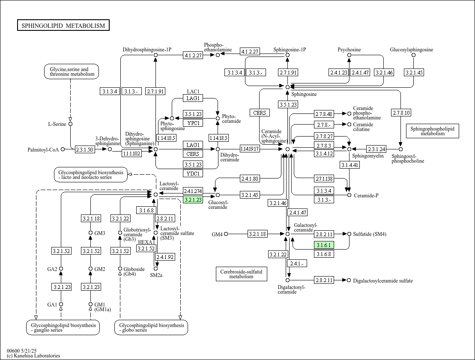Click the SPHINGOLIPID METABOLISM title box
(x=63, y=25)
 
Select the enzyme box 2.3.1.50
(x=84, y=149)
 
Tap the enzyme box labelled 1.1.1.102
(x=132, y=153)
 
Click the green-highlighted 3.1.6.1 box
(x=324, y=245)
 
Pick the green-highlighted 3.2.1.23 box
(x=193, y=199)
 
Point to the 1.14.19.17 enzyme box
(x=250, y=149)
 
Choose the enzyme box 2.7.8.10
(x=401, y=113)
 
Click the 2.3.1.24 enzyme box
(x=376, y=149)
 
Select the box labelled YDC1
(x=193, y=173)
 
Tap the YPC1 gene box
(x=193, y=123)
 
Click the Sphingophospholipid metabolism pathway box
(x=432, y=131)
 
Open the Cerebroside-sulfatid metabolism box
(x=242, y=274)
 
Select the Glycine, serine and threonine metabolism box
(x=72, y=71)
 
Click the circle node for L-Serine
(x=71, y=124)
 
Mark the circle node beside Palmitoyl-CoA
(x=63, y=149)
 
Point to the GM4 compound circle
(x=226, y=234)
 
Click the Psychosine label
(x=349, y=50)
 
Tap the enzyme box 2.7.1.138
(x=324, y=179)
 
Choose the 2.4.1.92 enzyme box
(x=165, y=257)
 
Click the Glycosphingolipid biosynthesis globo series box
(x=151, y=327)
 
